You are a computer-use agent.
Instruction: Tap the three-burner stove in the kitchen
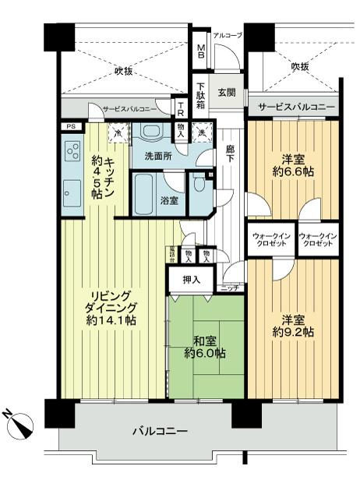coord(73,150)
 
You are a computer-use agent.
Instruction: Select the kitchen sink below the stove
coord(72,189)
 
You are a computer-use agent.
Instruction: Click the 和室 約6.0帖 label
coord(205,345)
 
